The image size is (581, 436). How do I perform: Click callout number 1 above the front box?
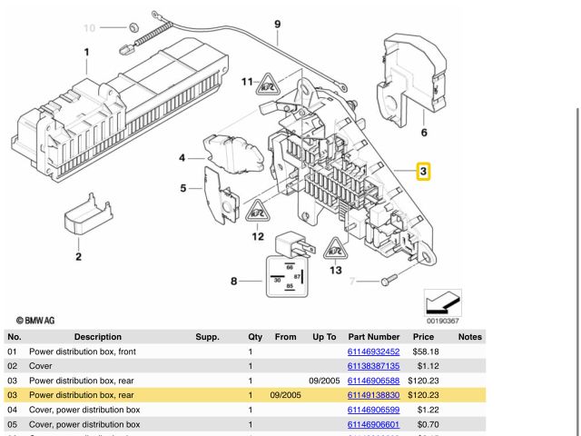pos(87,52)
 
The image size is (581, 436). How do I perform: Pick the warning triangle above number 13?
pos(336,248)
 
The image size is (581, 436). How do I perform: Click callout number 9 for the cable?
pos(277,24)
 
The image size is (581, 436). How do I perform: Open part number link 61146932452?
pos(373,351)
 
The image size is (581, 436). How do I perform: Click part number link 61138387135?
pos(373,365)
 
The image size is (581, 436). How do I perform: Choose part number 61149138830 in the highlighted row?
pos(373,395)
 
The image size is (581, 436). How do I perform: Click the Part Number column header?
pos(373,336)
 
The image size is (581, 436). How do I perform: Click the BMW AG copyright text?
pos(34,321)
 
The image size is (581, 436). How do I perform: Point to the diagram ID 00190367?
pos(443,320)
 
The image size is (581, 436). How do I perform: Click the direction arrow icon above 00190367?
pos(443,302)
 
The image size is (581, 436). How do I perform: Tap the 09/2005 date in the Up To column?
pos(323,381)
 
